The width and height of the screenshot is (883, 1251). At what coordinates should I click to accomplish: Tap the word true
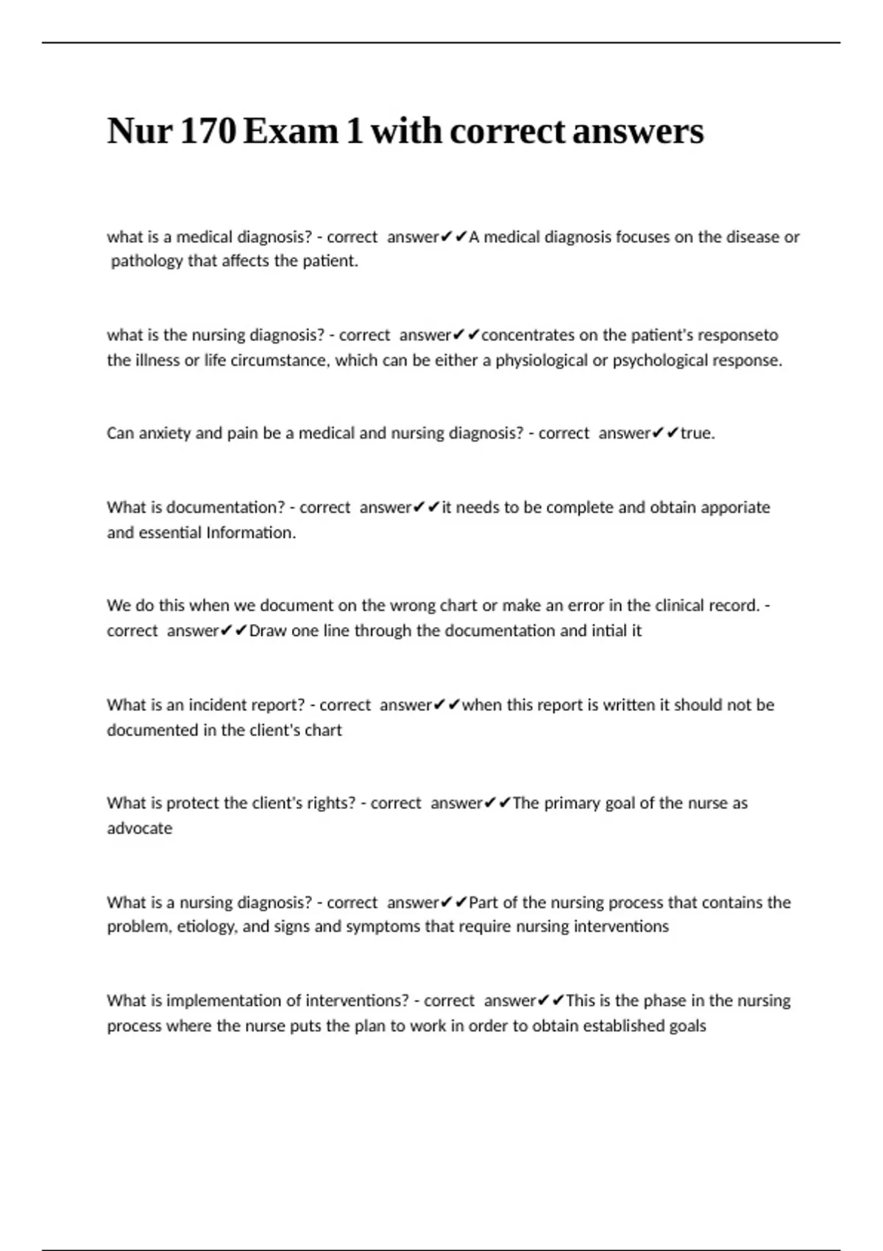(x=697, y=433)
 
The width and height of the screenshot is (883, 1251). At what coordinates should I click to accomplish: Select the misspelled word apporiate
(x=735, y=508)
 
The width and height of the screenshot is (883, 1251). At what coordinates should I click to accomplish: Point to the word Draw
(x=268, y=631)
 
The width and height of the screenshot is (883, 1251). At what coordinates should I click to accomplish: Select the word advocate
(x=139, y=829)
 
